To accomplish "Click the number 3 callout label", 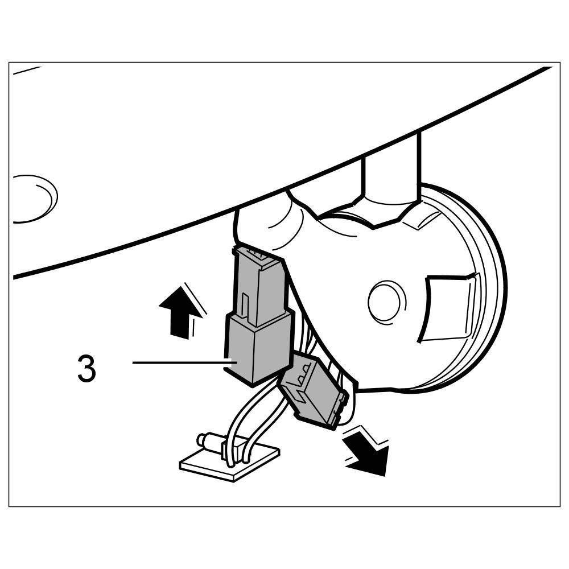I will click(86, 369).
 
